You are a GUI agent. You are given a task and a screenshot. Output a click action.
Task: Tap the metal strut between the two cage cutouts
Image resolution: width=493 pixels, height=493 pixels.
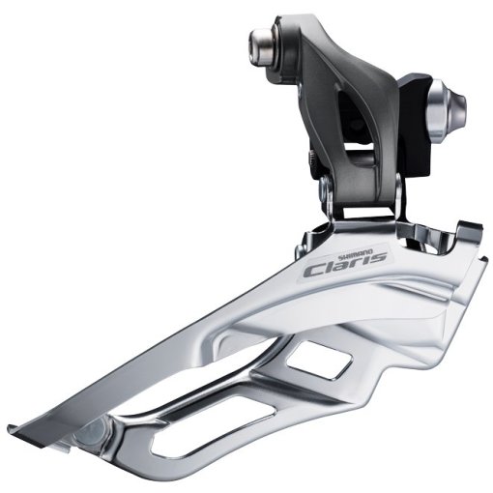[280, 372]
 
